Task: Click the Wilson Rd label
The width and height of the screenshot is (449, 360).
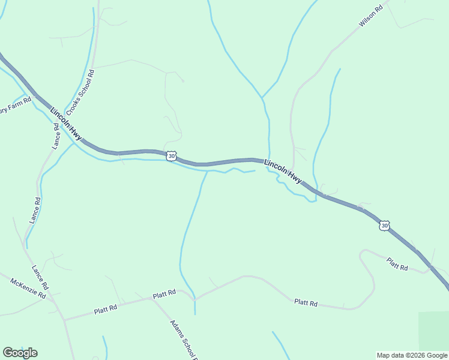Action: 370,16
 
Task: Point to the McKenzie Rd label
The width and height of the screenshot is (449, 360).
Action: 28,289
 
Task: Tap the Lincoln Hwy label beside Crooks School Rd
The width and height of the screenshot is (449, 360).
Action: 66,124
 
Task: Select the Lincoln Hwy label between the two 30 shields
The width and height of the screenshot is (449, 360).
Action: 283,171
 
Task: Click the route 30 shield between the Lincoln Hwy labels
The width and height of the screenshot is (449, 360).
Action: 172,156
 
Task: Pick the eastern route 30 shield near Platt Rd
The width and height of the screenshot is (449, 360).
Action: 385,225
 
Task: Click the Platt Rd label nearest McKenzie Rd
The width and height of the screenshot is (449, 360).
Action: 105,310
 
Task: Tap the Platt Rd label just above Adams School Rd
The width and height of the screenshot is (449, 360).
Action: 164,295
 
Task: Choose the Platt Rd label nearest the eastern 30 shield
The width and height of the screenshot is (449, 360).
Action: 397,263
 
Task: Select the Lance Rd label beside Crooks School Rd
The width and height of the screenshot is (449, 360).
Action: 56,136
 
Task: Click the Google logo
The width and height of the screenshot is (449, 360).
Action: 20,353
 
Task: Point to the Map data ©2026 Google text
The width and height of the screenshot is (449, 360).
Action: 412,355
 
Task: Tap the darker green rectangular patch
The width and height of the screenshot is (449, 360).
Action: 433,331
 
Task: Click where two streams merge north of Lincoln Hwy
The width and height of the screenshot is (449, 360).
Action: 262,97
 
